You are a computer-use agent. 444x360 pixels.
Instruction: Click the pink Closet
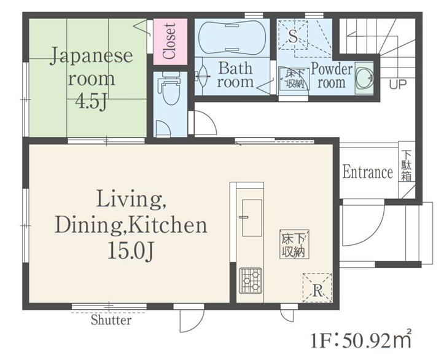pos(171,41)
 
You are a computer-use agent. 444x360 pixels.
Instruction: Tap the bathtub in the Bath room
pos(232,37)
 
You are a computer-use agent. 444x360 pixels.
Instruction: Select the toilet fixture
pos(169,87)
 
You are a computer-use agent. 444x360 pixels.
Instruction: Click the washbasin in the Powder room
pos(364,78)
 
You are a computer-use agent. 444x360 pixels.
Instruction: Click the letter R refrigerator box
pos(317,288)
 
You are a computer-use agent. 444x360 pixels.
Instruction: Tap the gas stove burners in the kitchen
pos(251,280)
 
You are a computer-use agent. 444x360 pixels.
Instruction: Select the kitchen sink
pos(252,217)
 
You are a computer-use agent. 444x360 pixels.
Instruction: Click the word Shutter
pos(111,320)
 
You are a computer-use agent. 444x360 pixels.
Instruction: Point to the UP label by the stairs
pos(398,84)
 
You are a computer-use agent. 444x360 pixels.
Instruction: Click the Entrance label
pos(368,171)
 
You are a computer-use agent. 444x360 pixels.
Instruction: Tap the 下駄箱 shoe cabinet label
pos(407,166)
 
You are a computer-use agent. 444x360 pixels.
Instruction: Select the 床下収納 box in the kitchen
pos(294,245)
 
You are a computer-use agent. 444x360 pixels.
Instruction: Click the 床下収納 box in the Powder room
pos(294,78)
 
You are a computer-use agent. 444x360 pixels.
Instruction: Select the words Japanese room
pos(92,67)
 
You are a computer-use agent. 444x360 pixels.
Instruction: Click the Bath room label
pos(235,75)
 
